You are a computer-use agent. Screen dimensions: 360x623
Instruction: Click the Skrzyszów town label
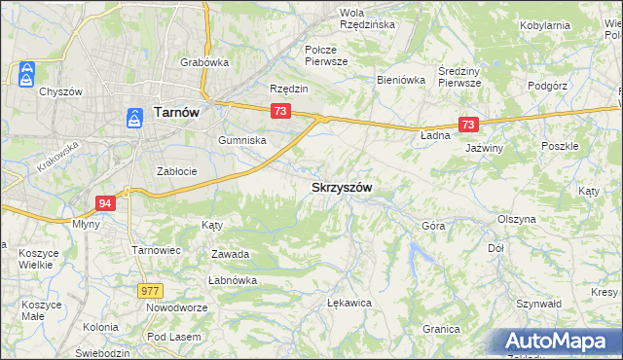(x=342, y=187)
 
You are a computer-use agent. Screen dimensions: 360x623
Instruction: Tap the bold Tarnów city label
(x=176, y=113)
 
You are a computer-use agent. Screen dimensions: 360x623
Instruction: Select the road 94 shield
(x=106, y=202)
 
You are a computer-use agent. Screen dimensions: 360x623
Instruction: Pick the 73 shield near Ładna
(x=468, y=125)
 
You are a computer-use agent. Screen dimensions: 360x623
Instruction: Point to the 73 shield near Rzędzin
(x=280, y=112)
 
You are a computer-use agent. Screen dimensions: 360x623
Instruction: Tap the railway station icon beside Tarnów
(x=133, y=118)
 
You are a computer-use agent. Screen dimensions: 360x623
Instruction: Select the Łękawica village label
(x=350, y=303)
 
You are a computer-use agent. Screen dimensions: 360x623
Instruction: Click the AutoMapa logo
(x=559, y=342)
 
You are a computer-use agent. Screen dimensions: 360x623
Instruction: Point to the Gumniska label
(x=242, y=140)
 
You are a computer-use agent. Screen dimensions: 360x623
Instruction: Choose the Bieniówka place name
(x=402, y=81)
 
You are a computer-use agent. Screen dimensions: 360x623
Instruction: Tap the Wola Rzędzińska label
(x=366, y=18)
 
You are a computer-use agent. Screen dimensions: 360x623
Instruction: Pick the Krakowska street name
(x=59, y=154)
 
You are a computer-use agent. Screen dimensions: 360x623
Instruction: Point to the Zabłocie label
(x=177, y=171)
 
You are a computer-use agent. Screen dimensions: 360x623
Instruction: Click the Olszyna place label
(x=516, y=219)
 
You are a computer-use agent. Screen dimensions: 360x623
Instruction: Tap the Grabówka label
(x=203, y=62)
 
